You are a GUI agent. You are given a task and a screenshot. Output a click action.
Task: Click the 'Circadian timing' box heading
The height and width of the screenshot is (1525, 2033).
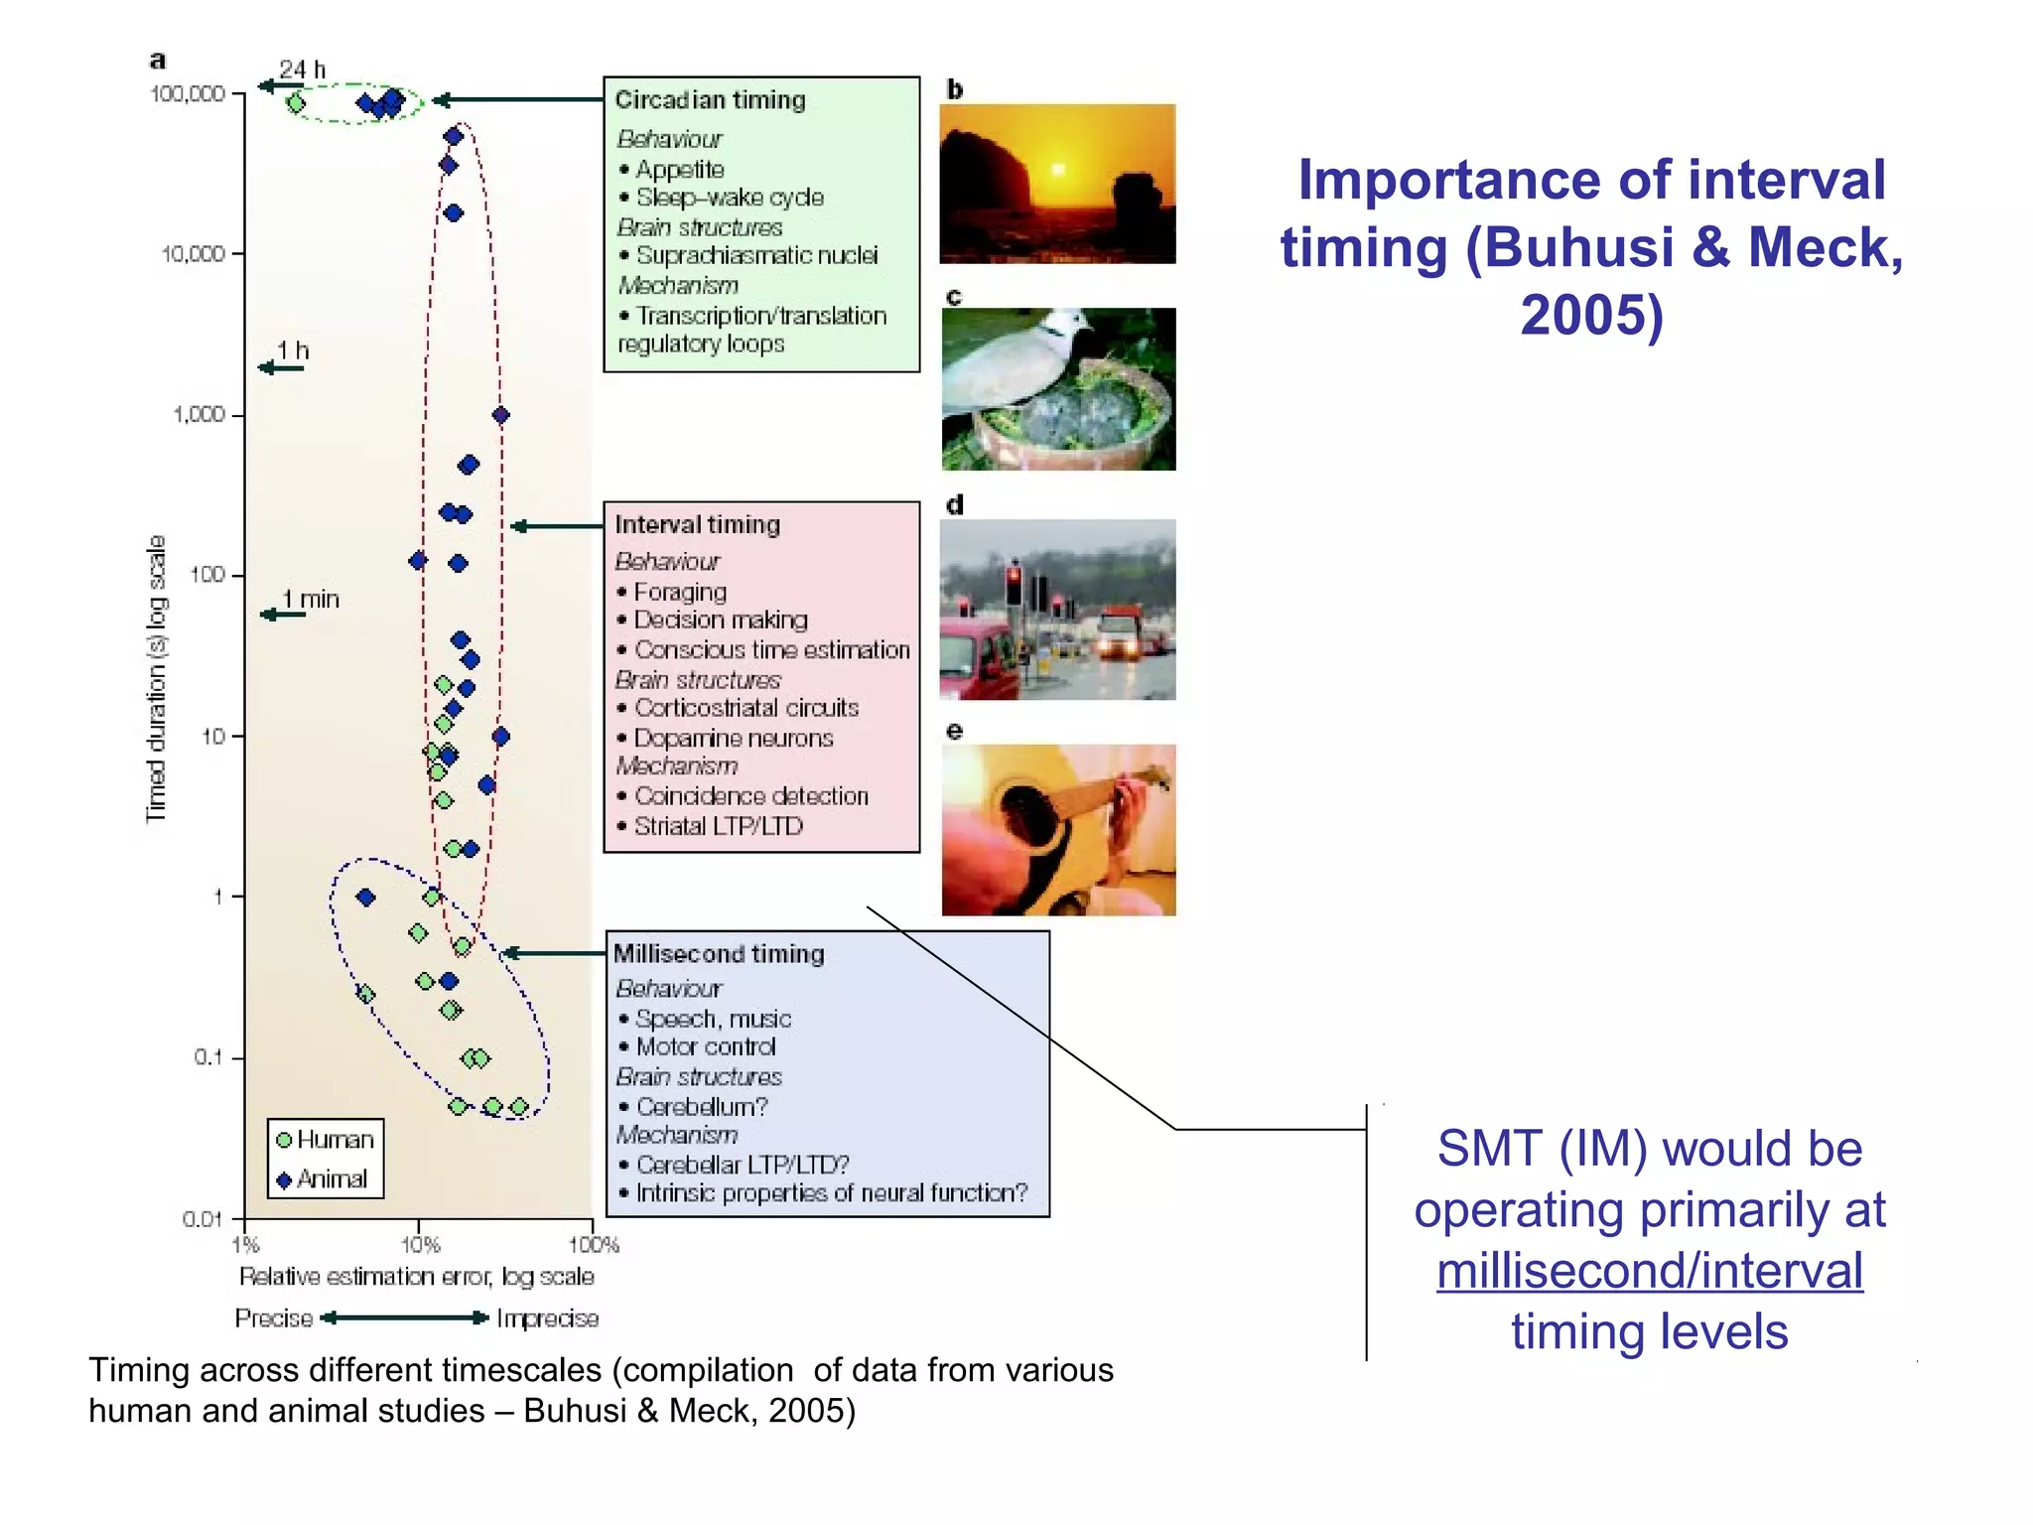pyautogui.click(x=710, y=100)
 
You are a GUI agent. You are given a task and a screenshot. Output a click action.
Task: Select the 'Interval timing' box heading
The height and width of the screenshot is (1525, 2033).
pyautogui.click(x=697, y=524)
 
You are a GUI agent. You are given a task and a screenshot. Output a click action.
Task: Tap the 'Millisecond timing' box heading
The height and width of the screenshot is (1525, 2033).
pyautogui.click(x=719, y=953)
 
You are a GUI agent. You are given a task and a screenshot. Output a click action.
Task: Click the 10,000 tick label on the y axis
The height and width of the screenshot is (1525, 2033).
pyautogui.click(x=194, y=254)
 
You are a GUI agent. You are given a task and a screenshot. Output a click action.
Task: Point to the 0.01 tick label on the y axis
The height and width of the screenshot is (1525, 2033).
pyautogui.click(x=203, y=1218)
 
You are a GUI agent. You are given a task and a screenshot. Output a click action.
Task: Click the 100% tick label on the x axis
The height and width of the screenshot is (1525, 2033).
pyautogui.click(x=594, y=1245)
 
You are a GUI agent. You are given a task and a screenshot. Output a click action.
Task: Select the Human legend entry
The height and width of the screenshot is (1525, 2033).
pyautogui.click(x=326, y=1140)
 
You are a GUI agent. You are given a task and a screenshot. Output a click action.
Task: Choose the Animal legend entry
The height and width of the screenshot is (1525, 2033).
pyautogui.click(x=323, y=1179)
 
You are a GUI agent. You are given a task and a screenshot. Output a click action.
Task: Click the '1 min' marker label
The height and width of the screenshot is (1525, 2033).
pyautogui.click(x=310, y=600)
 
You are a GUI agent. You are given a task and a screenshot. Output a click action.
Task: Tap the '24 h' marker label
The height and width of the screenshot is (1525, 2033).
pyautogui.click(x=302, y=69)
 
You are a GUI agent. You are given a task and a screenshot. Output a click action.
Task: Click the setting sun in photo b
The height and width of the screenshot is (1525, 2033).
pyautogui.click(x=1058, y=170)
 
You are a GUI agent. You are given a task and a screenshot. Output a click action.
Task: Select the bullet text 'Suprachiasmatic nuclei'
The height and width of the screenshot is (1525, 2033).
pyautogui.click(x=756, y=256)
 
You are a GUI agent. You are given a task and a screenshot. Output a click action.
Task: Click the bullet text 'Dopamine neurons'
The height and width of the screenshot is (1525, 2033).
pyautogui.click(x=733, y=739)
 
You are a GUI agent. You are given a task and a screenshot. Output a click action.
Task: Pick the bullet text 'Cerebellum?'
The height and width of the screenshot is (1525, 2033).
pyautogui.click(x=701, y=1107)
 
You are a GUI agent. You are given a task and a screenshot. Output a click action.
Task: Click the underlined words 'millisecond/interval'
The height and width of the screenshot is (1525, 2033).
pyautogui.click(x=1649, y=1271)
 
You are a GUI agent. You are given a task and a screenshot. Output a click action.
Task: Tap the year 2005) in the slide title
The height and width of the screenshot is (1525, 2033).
pyautogui.click(x=1591, y=315)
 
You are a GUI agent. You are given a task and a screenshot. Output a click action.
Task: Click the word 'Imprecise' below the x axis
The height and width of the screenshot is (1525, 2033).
pyautogui.click(x=547, y=1318)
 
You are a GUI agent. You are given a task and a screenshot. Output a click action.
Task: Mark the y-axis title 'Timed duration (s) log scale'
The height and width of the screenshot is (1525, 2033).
pyautogui.click(x=157, y=678)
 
